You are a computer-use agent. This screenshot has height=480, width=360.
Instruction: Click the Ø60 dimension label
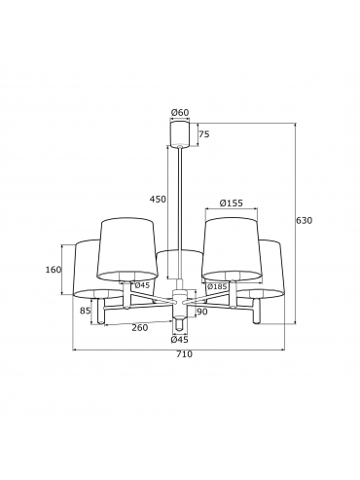[x=180, y=113]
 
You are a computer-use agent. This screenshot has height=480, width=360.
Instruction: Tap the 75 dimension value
[x=204, y=134]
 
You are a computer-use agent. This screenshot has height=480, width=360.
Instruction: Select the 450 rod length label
[x=158, y=199]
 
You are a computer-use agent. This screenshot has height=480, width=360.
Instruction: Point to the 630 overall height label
[x=304, y=221]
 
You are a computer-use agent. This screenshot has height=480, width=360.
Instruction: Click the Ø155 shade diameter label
[x=231, y=203]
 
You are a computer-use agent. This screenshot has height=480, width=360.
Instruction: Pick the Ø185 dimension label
[x=217, y=286]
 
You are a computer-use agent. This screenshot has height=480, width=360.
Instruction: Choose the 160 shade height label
[x=54, y=270]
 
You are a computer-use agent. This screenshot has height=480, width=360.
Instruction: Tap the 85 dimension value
[x=85, y=311]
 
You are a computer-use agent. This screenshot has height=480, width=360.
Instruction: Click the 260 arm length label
[x=140, y=328]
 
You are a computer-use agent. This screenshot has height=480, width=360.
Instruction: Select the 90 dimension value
[x=201, y=312]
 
